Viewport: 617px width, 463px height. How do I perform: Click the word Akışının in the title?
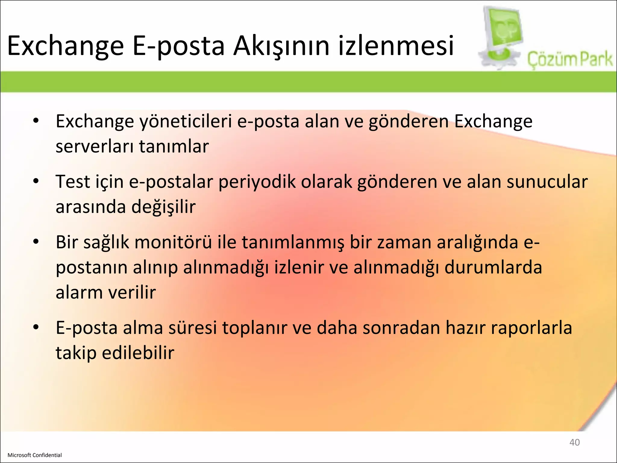pyautogui.click(x=281, y=46)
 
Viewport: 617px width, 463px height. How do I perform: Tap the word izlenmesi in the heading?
pyautogui.click(x=396, y=46)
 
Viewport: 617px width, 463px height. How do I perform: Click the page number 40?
pyautogui.click(x=574, y=442)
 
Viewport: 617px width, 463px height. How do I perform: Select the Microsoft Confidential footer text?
pyautogui.click(x=35, y=455)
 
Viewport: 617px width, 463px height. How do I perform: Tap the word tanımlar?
pyautogui.click(x=174, y=146)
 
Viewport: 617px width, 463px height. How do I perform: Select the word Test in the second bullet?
pyautogui.click(x=73, y=182)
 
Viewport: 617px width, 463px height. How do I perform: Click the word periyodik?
pyautogui.click(x=257, y=182)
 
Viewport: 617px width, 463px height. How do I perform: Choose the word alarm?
pyautogui.click(x=79, y=292)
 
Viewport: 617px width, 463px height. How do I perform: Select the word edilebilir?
pyautogui.click(x=138, y=353)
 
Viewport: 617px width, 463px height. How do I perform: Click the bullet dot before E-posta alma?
pyautogui.click(x=36, y=327)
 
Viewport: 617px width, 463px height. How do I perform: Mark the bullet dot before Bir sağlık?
pyautogui.click(x=36, y=242)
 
